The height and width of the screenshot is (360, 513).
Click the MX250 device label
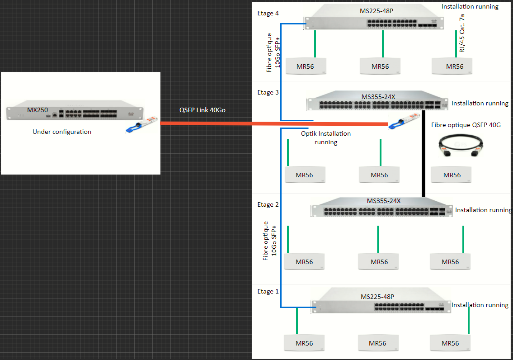coord(37,109)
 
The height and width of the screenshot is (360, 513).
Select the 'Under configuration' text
coord(62,132)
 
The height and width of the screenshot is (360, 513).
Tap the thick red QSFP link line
coord(271,123)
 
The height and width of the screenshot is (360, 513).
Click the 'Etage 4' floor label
coord(268,14)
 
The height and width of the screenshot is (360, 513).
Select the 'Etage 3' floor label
coord(268,92)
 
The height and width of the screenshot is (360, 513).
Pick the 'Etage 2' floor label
coord(268,204)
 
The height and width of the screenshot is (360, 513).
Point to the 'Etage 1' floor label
coord(268,291)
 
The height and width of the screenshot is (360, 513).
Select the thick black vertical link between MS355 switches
coord(424,154)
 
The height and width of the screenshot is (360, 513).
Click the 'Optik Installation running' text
coord(325,137)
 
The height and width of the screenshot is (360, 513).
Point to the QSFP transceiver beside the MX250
coord(141,125)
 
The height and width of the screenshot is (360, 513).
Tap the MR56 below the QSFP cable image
coord(452,175)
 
